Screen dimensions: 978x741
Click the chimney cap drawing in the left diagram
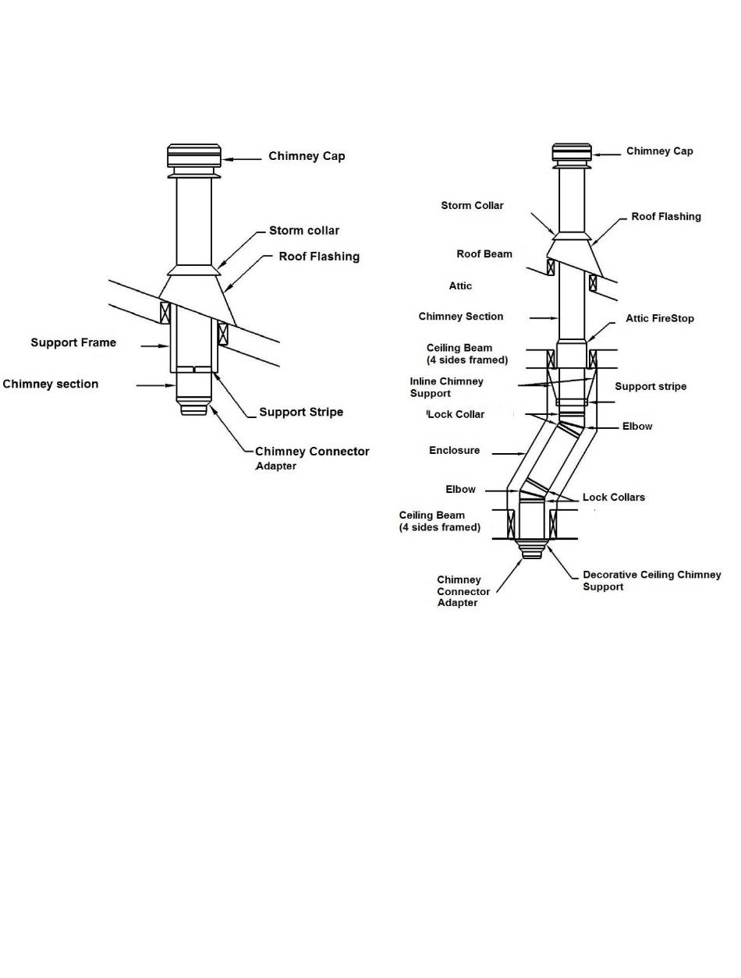coord(194,156)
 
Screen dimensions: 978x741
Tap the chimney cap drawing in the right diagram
coord(571,154)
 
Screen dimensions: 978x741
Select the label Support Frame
coord(73,342)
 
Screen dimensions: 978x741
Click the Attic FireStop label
coord(659,318)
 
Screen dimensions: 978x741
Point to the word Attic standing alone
coord(460,286)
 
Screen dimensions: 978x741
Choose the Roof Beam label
coord(484,254)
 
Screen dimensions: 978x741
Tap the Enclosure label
coord(454,451)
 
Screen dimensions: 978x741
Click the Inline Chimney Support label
coord(447,387)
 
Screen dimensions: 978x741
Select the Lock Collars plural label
coord(614,497)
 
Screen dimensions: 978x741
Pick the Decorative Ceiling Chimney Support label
coord(651,580)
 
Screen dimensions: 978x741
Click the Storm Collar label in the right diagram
coord(472,206)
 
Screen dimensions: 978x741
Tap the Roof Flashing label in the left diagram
coord(319,257)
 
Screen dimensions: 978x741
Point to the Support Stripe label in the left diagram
coord(301,412)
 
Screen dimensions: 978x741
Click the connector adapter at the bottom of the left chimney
coord(193,408)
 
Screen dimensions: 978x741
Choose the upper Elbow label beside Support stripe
coord(637,427)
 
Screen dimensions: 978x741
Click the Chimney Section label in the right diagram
coord(461,317)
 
